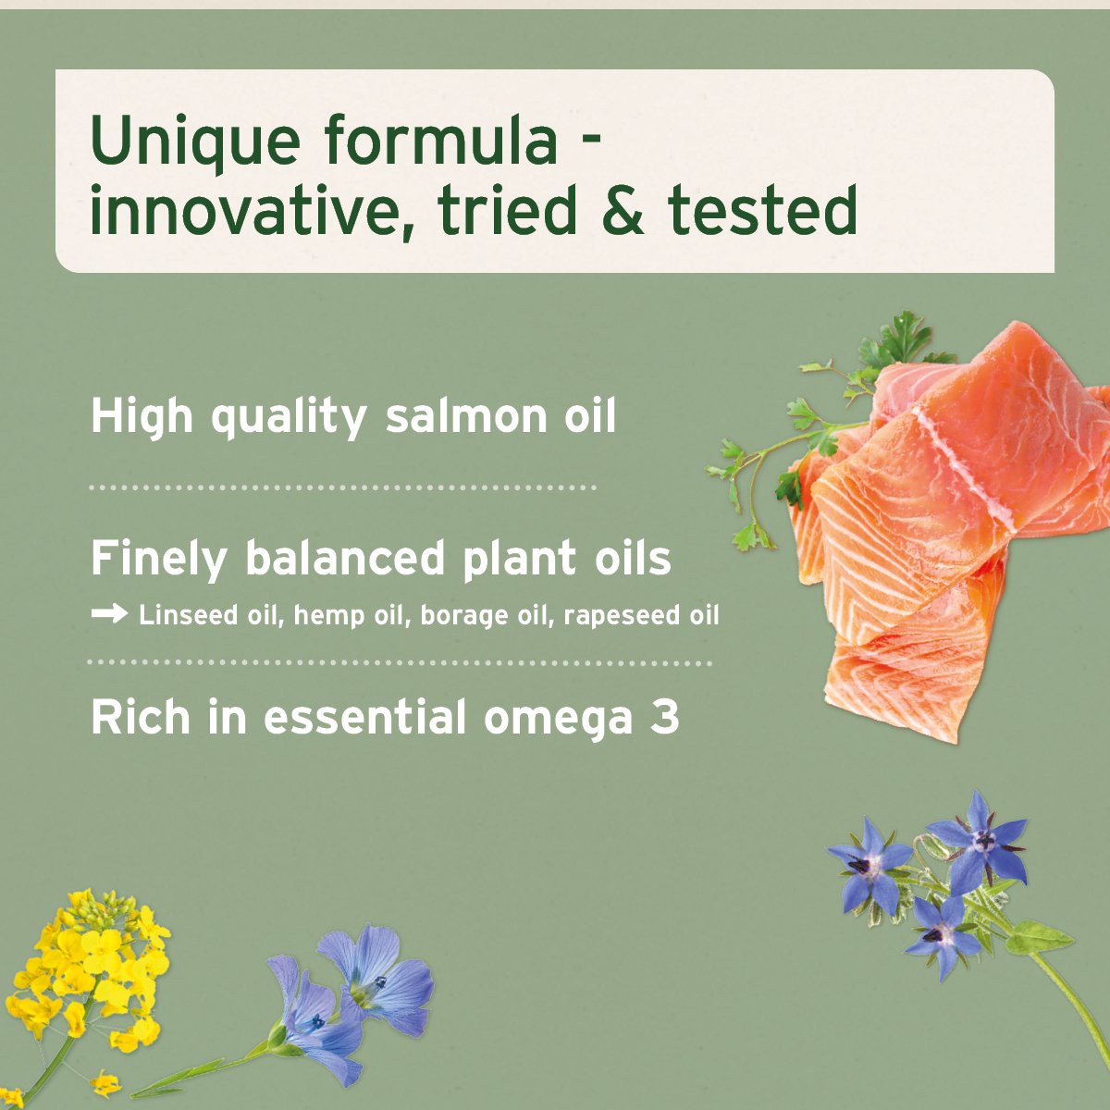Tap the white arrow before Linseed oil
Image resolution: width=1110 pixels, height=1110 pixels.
click(x=110, y=614)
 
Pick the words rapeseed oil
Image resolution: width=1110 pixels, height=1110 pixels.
click(x=640, y=616)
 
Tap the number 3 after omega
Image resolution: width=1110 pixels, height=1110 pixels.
click(x=664, y=718)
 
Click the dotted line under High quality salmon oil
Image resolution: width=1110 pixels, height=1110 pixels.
click(x=342, y=487)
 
